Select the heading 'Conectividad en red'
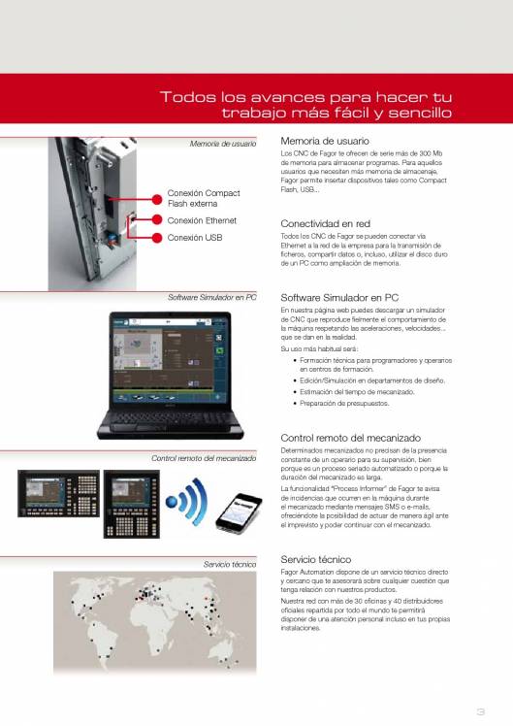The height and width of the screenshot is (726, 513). tap(325, 223)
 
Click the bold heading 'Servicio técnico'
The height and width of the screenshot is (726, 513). tap(315, 560)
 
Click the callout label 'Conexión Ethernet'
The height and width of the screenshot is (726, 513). tap(202, 220)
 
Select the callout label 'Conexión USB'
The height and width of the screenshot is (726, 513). tap(194, 237)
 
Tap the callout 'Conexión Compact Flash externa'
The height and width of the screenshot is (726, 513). tap(204, 198)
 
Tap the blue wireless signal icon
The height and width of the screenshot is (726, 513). tap(186, 504)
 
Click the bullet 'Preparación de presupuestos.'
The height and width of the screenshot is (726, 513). tap(342, 402)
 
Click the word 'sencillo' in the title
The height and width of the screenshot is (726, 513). tap(420, 113)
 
